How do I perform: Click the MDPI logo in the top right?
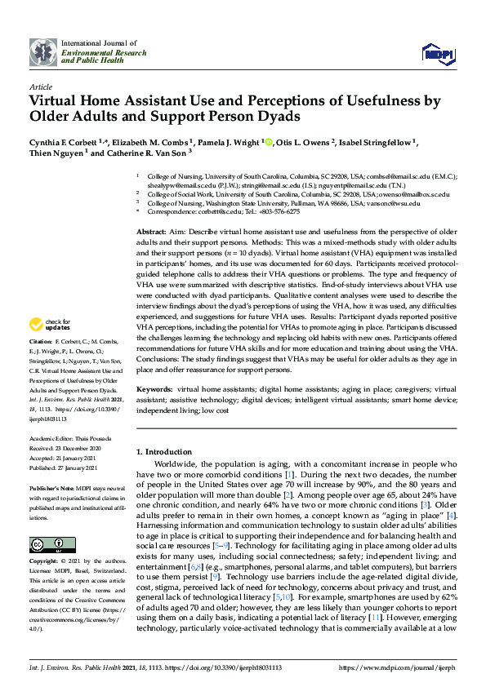[x=437, y=54]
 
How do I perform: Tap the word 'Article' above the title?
[x=40, y=86]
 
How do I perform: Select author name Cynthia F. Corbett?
[x=62, y=142]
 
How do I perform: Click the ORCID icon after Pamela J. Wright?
[x=267, y=142]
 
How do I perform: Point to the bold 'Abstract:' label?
[x=153, y=233]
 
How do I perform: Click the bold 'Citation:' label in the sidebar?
[x=41, y=363]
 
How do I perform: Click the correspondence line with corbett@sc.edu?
[x=217, y=211]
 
